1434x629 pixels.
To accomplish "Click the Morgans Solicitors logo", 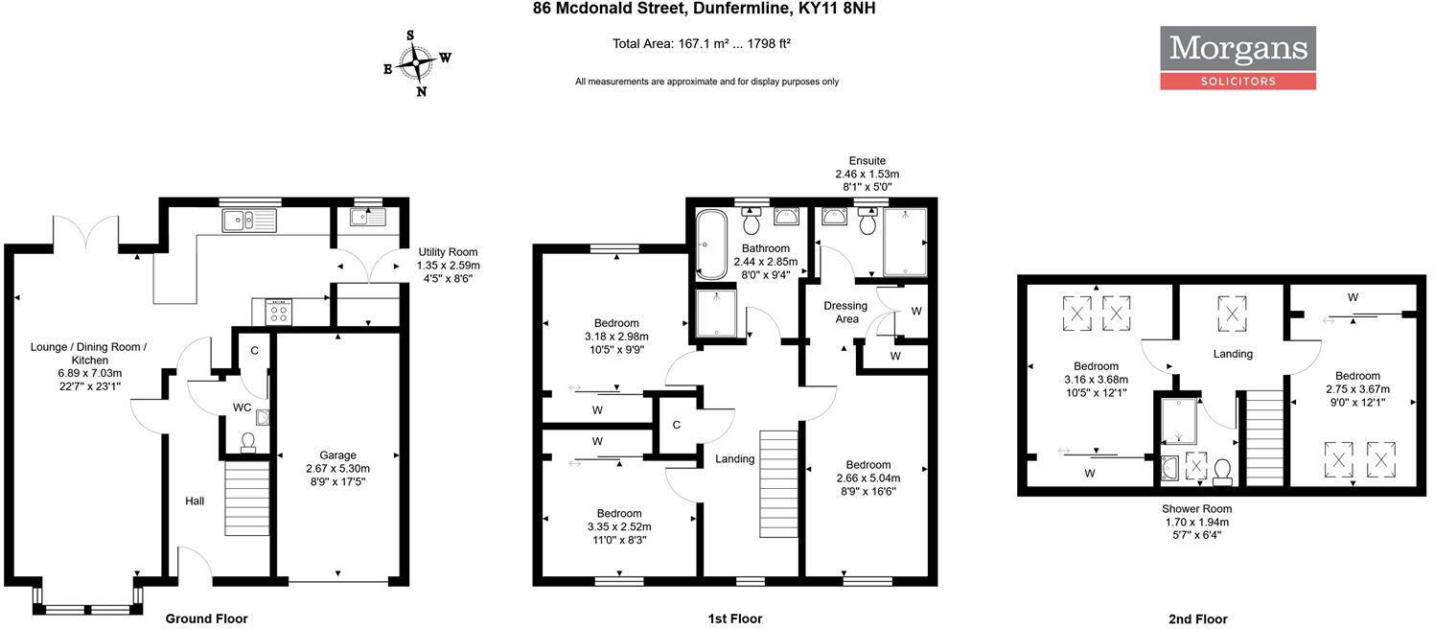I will coord(1237,58).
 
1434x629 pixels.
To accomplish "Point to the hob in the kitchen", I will coord(278,312).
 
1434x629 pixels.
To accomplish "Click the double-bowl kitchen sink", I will coord(248,221).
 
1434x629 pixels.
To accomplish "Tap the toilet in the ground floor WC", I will coord(248,442).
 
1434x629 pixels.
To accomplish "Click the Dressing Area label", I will coord(845,312).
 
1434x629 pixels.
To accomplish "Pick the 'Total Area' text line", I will coord(701,43).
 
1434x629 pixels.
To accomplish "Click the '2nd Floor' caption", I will coord(1197,619).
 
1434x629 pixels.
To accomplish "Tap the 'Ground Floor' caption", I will coord(206,618).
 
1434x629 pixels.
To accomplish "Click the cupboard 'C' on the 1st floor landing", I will coord(676,425).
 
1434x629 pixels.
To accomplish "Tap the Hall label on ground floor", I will coord(195,501).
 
